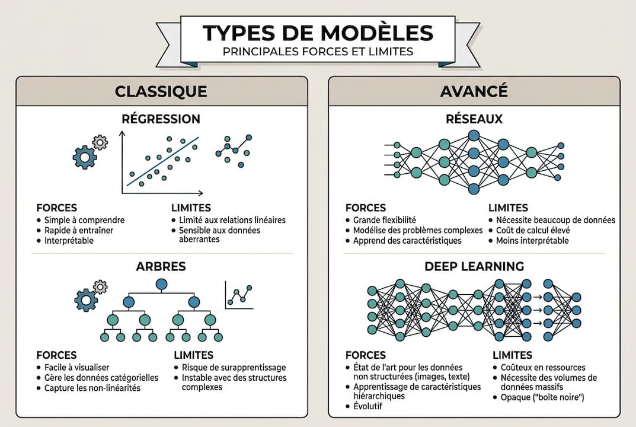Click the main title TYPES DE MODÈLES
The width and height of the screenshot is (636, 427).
pos(318,33)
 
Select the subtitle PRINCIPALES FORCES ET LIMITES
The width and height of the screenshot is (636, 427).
pos(318,52)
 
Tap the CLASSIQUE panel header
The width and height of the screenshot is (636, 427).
pos(161,91)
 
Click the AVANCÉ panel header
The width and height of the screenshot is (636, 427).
pos(474,91)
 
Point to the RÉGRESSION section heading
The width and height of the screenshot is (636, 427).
pos(161,119)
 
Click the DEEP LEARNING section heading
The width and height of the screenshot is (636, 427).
pos(474,266)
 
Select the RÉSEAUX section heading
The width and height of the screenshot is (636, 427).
pos(474,119)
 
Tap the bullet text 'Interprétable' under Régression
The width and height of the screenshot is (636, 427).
pos(69,241)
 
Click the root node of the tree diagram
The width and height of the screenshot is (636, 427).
pos(161,284)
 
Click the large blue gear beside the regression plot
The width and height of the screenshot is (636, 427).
pos(85,157)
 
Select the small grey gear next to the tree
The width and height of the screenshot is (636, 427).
pos(101,287)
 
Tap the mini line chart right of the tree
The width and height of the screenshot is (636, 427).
pos(240,295)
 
